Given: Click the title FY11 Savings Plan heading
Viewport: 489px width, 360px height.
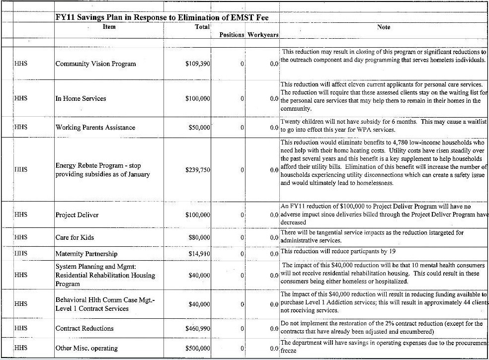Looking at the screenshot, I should tap(166, 18).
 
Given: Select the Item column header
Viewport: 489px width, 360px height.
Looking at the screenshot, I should tap(109, 27).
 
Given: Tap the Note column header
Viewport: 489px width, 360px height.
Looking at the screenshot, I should tap(384, 27).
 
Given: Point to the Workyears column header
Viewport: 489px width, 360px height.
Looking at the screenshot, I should tap(263, 35).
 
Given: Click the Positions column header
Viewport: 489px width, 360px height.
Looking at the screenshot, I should tap(232, 35).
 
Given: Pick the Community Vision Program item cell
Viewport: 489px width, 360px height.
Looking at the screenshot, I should tap(95, 64).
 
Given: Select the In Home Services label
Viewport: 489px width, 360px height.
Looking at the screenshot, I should tap(81, 99).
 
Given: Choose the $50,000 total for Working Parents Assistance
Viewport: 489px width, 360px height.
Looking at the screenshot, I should tap(199, 128).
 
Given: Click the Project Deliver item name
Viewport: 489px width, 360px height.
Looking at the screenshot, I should tap(77, 216).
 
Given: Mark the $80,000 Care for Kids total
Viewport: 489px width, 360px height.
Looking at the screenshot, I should tap(199, 237).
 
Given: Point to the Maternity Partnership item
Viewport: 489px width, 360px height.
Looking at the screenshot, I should tap(86, 254).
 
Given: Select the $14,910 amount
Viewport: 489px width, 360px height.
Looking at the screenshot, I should tap(199, 254).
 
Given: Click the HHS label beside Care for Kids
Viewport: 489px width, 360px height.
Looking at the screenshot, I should tap(21, 237).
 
